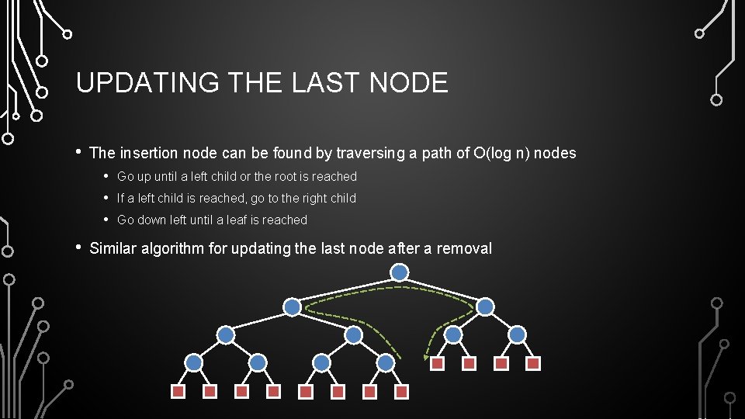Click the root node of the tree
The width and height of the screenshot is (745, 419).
[399, 272]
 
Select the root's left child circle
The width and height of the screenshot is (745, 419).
[292, 307]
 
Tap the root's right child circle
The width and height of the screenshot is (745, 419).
[485, 307]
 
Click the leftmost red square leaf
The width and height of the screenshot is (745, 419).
[178, 392]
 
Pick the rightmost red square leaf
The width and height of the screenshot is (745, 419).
[534, 363]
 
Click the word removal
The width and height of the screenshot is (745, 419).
[464, 248]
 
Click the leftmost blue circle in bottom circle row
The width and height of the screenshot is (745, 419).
[194, 362]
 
